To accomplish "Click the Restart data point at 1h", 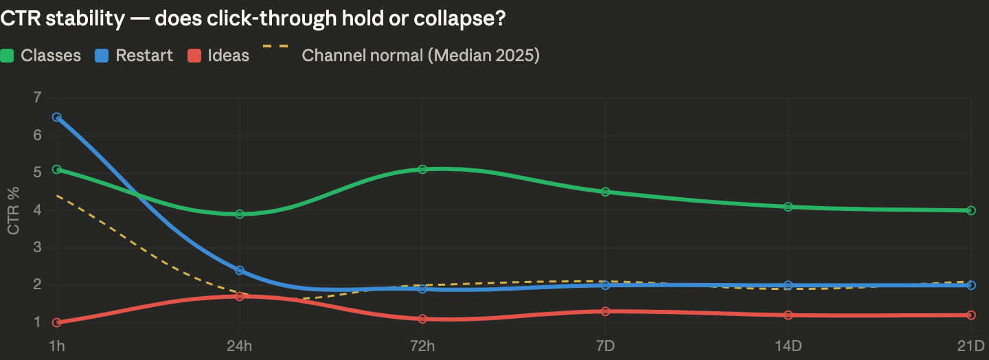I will point(57,117).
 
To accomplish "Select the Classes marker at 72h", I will point(422,169).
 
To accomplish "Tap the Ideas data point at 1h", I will point(57,322).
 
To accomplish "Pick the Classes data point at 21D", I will point(970,210).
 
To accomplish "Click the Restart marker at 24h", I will point(240,271).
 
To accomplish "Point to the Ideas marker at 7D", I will point(605,311).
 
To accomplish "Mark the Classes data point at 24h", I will point(240,214).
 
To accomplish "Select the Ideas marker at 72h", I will point(422,319).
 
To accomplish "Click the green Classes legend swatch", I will point(8,56).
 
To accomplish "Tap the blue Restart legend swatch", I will point(102,56).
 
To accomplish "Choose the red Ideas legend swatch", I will point(194,56).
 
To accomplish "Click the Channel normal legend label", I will point(420,56).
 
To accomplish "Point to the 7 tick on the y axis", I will point(36,98).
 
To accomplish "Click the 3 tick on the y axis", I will point(36,247).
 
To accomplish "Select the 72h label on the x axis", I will point(422,345).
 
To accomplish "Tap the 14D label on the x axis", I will point(788,345).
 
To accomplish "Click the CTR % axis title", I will point(14,210).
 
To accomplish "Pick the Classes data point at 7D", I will point(605,192).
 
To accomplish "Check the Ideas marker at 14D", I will point(788,315).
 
